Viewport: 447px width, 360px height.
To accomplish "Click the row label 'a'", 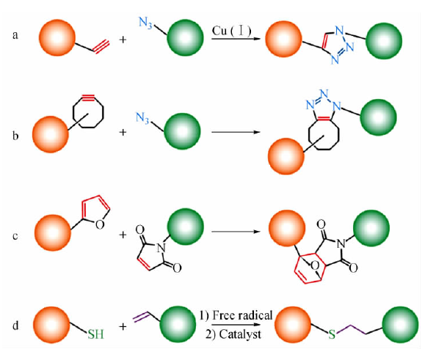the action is point(15,36).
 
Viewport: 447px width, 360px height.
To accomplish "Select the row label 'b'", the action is point(15,136).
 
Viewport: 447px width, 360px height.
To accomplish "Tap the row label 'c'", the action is point(15,236).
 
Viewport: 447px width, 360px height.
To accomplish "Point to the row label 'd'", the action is point(15,325).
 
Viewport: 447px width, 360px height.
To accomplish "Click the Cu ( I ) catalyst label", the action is point(232,31).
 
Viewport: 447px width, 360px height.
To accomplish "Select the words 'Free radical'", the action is point(243,315).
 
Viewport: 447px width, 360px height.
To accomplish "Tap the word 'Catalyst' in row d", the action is point(240,334).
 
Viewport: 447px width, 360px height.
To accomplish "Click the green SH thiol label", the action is point(95,334).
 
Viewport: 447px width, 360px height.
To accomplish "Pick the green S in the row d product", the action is point(332,334).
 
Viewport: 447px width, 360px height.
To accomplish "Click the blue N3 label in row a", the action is point(145,23).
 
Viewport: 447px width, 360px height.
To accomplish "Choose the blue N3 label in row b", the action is point(142,117).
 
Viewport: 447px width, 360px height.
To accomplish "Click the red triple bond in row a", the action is point(101,46).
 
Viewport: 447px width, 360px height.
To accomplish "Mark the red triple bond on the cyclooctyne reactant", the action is point(88,98).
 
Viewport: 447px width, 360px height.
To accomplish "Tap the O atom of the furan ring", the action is point(99,224).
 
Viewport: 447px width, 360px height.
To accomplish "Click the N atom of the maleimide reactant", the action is point(161,248).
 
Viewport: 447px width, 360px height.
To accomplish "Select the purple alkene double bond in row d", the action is point(141,317).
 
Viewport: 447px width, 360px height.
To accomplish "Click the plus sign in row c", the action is point(123,235).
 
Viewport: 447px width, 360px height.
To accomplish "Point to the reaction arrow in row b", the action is point(236,132).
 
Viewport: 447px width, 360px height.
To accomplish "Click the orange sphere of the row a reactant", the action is point(57,37).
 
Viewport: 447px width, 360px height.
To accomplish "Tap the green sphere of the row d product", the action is point(400,324).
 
